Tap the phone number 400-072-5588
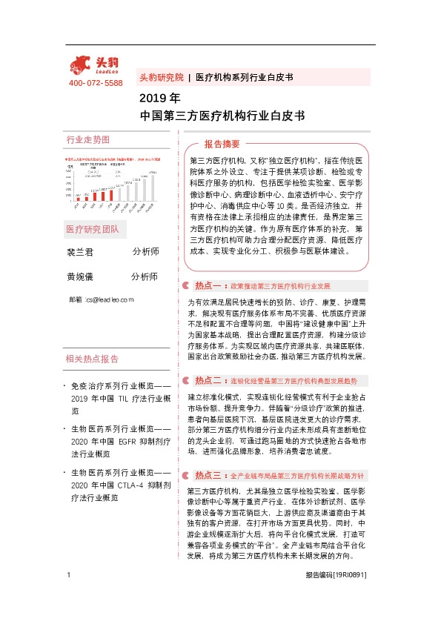(96, 82)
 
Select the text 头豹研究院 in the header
(161, 77)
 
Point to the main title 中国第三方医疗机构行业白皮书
(222, 116)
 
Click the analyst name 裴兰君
(80, 252)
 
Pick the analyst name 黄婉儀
(80, 276)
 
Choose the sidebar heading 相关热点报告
(92, 359)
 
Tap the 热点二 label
(208, 380)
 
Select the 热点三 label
(208, 475)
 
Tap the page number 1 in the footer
(69, 596)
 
